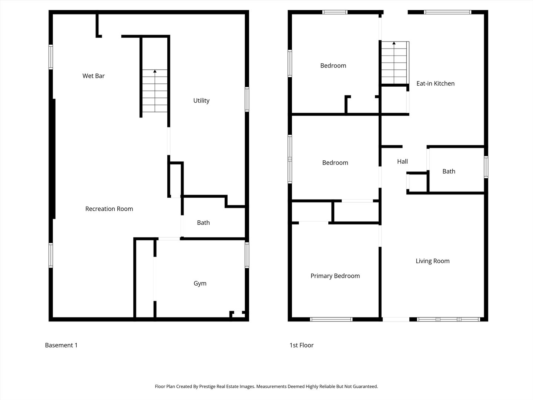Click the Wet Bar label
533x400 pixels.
pyautogui.click(x=94, y=76)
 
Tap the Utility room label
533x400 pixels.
pyautogui.click(x=201, y=100)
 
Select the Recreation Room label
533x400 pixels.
pyautogui.click(x=109, y=209)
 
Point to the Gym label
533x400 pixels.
pyautogui.click(x=200, y=283)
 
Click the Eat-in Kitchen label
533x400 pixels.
pyautogui.click(x=435, y=84)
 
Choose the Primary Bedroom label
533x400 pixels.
pyautogui.click(x=335, y=276)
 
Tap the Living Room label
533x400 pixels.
pyautogui.click(x=432, y=261)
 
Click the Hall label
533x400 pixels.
pyautogui.click(x=402, y=161)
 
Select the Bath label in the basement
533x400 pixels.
pyautogui.click(x=203, y=223)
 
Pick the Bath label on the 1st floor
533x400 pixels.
pyautogui.click(x=449, y=171)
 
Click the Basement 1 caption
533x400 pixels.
pyautogui.click(x=61, y=345)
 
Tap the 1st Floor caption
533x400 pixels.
pyautogui.click(x=301, y=345)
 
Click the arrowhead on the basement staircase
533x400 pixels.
pyautogui.click(x=155, y=71)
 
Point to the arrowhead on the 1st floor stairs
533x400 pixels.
pyautogui.click(x=394, y=43)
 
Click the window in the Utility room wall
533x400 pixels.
pyautogui.click(x=247, y=99)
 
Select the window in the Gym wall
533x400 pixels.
pyautogui.click(x=247, y=255)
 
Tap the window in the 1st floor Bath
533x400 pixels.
pyautogui.click(x=486, y=167)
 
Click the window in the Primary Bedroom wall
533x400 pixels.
pyautogui.click(x=331, y=319)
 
